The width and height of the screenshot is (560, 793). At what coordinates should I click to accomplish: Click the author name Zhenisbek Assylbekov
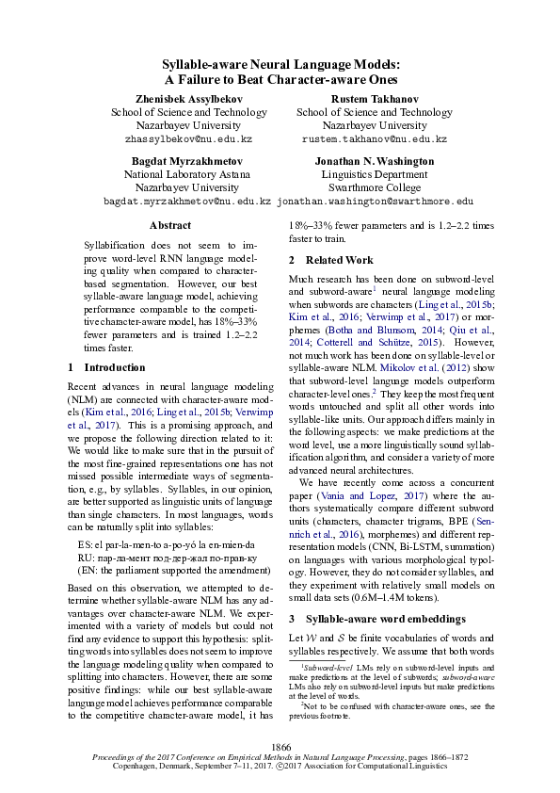[175, 99]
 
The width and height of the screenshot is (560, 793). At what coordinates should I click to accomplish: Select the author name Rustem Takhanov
[374, 99]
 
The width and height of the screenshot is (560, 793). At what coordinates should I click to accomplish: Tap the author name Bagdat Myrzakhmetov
[175, 161]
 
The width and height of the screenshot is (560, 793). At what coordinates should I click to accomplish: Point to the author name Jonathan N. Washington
[374, 161]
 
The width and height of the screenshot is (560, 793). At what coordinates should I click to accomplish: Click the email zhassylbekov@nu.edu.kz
[175, 138]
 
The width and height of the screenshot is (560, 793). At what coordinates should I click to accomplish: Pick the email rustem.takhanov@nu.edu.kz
[374, 138]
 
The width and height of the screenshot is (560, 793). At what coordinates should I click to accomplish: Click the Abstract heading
[170, 225]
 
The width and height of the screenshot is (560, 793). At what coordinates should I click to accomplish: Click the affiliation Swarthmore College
[374, 187]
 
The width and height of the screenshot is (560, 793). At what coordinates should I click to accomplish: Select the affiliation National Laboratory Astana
[175, 174]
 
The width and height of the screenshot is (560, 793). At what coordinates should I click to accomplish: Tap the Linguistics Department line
[374, 174]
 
